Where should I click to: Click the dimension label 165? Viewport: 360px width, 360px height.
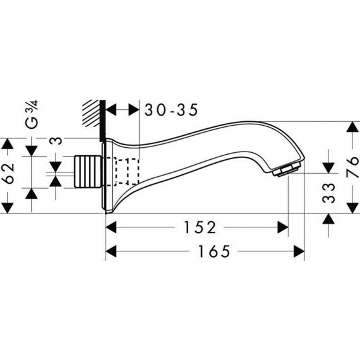[214, 251]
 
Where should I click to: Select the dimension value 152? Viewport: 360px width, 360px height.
[200, 227]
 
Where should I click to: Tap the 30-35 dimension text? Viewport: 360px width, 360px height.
[171, 110]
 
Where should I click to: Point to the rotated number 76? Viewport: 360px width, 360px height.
[352, 167]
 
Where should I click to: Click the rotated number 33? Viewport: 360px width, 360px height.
[329, 193]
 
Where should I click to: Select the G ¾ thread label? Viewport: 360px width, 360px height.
[32, 114]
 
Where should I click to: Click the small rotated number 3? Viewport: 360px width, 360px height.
[56, 141]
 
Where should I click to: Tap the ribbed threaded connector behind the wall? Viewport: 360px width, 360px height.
[88, 171]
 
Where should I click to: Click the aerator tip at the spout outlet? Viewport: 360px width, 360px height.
[287, 169]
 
